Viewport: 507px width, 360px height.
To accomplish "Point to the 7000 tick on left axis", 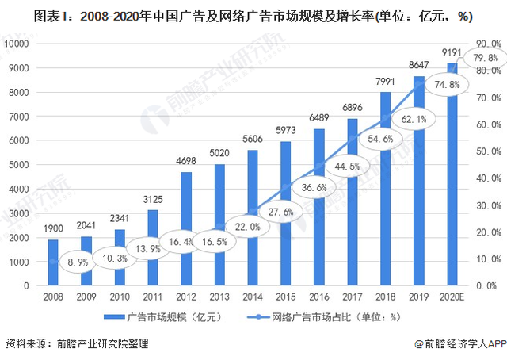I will pos(21,117).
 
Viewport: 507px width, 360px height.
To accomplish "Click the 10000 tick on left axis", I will pos(18,44).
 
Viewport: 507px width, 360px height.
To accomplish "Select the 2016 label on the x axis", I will pos(318,297).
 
